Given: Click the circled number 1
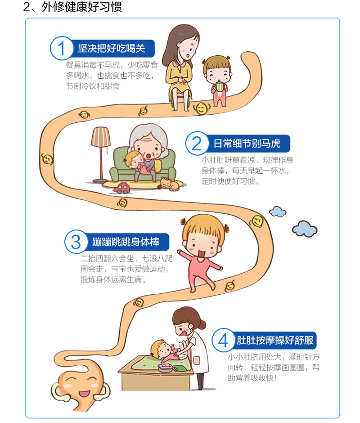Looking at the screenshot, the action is tap(62, 48).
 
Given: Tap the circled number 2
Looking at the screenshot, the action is tap(197, 143).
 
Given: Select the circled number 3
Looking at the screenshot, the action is tap(76, 242).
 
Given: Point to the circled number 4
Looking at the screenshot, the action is tap(223, 340).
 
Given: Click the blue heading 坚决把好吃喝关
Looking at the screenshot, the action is tap(112, 49).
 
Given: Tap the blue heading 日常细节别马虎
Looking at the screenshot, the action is tap(247, 144).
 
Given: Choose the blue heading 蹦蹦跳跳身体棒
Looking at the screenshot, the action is tap(126, 242).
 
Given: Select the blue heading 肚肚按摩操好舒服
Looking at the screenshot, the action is tap(275, 340).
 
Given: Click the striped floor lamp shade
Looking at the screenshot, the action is tap(101, 137).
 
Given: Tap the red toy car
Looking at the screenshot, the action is tap(121, 188).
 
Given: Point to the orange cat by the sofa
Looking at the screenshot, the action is tap(170, 184).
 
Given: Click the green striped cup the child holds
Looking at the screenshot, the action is tap(220, 86).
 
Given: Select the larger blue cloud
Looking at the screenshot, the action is tap(305, 229).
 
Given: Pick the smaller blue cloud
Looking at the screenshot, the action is tap(278, 211).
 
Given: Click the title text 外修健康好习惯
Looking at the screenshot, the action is tap(81, 7).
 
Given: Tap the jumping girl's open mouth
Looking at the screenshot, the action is tap(202, 254).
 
